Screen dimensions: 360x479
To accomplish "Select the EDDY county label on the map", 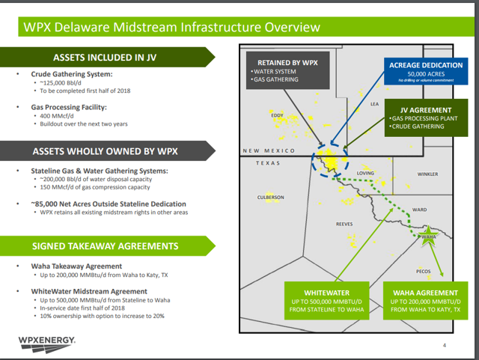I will tap(278, 115).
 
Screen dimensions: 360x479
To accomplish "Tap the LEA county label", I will tap(375, 104).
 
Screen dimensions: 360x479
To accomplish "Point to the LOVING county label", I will tap(365, 173).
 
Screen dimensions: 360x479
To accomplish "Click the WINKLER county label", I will tap(427, 174).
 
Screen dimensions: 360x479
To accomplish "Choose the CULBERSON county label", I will tap(270, 198).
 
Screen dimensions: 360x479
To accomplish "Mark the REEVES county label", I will tap(344, 224).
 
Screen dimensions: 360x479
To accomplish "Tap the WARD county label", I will tap(419, 210).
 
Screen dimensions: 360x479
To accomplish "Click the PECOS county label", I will tap(423, 271).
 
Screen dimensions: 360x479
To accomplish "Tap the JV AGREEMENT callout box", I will tap(427, 117).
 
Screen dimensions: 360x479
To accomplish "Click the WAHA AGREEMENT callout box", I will tap(425, 299).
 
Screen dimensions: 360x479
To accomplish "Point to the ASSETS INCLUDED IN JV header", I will tap(105, 57).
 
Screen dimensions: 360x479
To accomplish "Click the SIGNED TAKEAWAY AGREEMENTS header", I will tap(105, 245).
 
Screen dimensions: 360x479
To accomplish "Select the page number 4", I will tap(444, 345).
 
